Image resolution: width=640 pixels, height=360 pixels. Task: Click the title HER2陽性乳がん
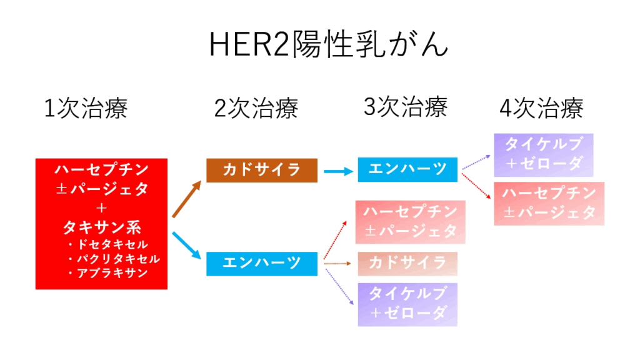[x=328, y=45]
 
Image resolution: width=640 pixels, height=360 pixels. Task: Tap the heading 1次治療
[x=86, y=109]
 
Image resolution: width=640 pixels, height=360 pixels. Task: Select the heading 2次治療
[x=256, y=109]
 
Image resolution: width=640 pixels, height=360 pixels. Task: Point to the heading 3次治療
[x=406, y=107]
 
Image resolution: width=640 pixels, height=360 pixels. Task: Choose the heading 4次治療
[x=541, y=109]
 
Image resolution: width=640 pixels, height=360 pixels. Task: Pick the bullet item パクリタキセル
[x=116, y=259]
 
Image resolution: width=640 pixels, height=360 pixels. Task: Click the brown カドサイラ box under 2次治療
[x=262, y=170]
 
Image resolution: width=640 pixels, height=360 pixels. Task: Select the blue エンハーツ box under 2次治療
[x=262, y=262]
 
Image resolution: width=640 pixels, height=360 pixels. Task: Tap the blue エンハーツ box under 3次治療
[x=407, y=169]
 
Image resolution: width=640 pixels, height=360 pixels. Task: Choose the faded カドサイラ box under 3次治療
[x=407, y=263]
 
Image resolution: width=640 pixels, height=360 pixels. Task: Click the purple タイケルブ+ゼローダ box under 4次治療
[x=543, y=154]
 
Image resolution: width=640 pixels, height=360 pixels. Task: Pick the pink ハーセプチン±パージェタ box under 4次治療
[x=549, y=203]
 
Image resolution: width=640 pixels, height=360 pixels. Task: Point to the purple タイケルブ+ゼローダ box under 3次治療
[x=407, y=304]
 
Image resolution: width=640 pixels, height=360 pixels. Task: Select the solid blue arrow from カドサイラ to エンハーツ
[x=337, y=170]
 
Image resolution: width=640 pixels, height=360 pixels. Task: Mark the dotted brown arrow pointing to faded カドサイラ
[x=339, y=264]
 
